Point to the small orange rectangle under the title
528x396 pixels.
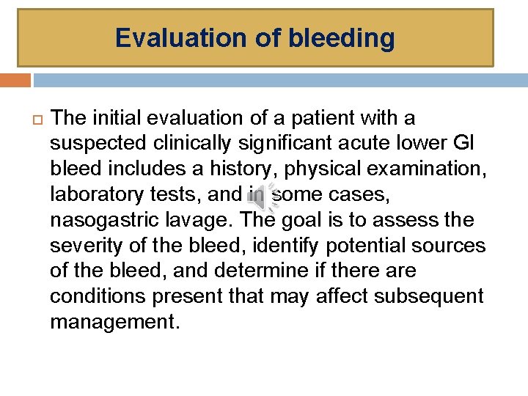tap(15, 80)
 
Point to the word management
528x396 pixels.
tap(114, 322)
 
